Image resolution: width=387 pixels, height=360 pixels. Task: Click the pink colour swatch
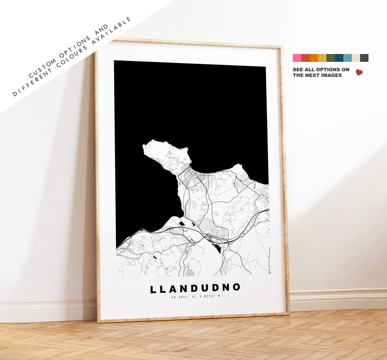297,58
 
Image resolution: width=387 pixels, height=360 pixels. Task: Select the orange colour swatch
314,58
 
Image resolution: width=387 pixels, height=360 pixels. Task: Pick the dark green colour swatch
330,58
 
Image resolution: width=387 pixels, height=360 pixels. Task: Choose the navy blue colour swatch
339,58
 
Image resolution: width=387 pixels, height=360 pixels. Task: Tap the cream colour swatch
356,58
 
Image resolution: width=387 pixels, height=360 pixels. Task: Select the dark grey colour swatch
364,58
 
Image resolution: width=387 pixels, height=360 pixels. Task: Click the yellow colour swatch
322,58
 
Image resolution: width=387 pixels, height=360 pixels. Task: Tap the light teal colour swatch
347,58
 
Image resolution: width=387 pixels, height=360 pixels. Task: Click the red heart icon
359,72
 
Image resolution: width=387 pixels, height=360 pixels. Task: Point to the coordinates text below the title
196,296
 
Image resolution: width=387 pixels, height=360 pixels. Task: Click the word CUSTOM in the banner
42,68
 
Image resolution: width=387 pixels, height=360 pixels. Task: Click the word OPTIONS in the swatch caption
328,70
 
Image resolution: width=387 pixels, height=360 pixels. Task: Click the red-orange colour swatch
305,58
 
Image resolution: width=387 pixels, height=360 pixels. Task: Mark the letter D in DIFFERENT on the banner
14,94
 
